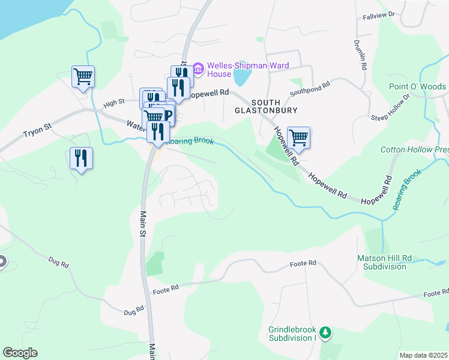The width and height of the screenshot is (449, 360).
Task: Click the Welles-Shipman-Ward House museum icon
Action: pyautogui.click(x=197, y=66)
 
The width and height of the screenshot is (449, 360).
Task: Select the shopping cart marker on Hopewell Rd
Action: pyautogui.click(x=298, y=137)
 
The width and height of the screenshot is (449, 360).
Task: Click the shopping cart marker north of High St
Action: pyautogui.click(x=83, y=76)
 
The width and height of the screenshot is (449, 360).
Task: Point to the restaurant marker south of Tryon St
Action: pyautogui.click(x=80, y=158)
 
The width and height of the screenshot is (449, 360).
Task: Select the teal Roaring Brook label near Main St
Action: pyautogui.click(x=190, y=141)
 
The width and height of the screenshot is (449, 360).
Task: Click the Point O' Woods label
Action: pyautogui.click(x=417, y=87)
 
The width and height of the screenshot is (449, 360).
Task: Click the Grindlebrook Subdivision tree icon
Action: pyautogui.click(x=325, y=332)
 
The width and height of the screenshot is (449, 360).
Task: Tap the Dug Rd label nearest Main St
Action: pyautogui.click(x=134, y=310)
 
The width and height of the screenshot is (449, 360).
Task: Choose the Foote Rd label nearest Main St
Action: pyautogui.click(x=166, y=288)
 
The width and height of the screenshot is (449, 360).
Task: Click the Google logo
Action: pyautogui.click(x=20, y=353)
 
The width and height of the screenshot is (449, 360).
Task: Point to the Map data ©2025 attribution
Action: pyautogui.click(x=423, y=355)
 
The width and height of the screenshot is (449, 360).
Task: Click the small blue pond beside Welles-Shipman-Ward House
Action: pyautogui.click(x=241, y=77)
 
